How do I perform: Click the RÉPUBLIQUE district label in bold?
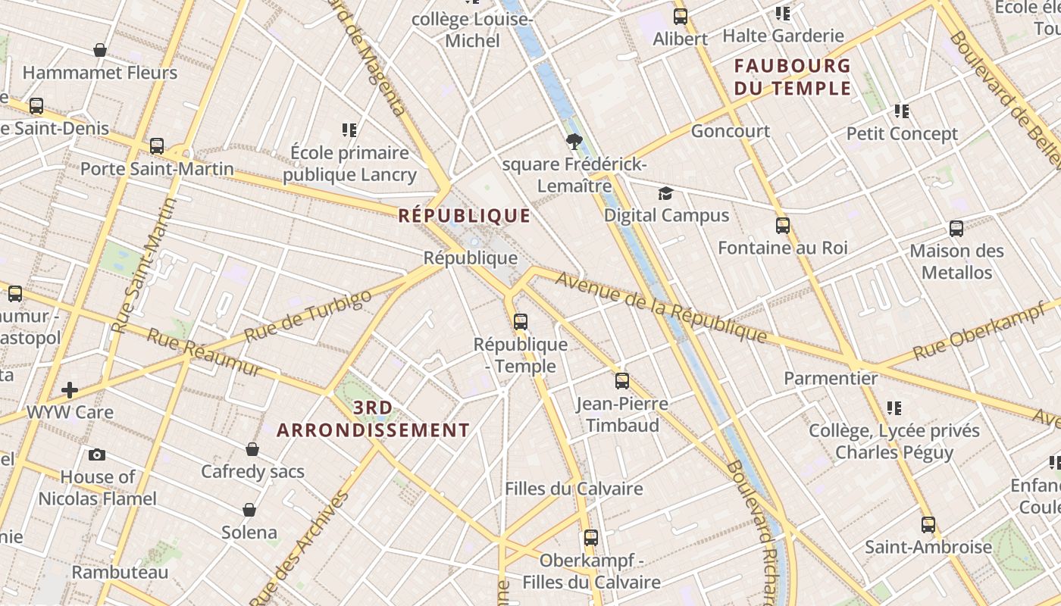click(465, 216)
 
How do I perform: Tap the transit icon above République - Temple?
click(520, 322)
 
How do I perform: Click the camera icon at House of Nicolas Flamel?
click(97, 454)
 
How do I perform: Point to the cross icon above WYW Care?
click(70, 390)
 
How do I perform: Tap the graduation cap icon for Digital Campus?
click(665, 194)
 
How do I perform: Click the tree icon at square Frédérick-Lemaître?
click(574, 141)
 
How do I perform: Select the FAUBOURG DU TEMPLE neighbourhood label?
click(793, 77)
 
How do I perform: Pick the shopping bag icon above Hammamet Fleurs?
click(100, 51)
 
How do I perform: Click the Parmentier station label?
click(831, 378)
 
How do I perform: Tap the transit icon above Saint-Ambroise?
click(928, 524)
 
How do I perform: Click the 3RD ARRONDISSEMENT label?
click(373, 420)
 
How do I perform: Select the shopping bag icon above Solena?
click(249, 510)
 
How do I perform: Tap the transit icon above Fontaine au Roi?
click(782, 226)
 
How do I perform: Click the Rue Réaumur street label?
click(203, 352)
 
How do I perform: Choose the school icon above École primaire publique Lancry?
click(349, 130)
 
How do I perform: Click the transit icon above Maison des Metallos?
click(956, 229)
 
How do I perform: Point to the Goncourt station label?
click(731, 131)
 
